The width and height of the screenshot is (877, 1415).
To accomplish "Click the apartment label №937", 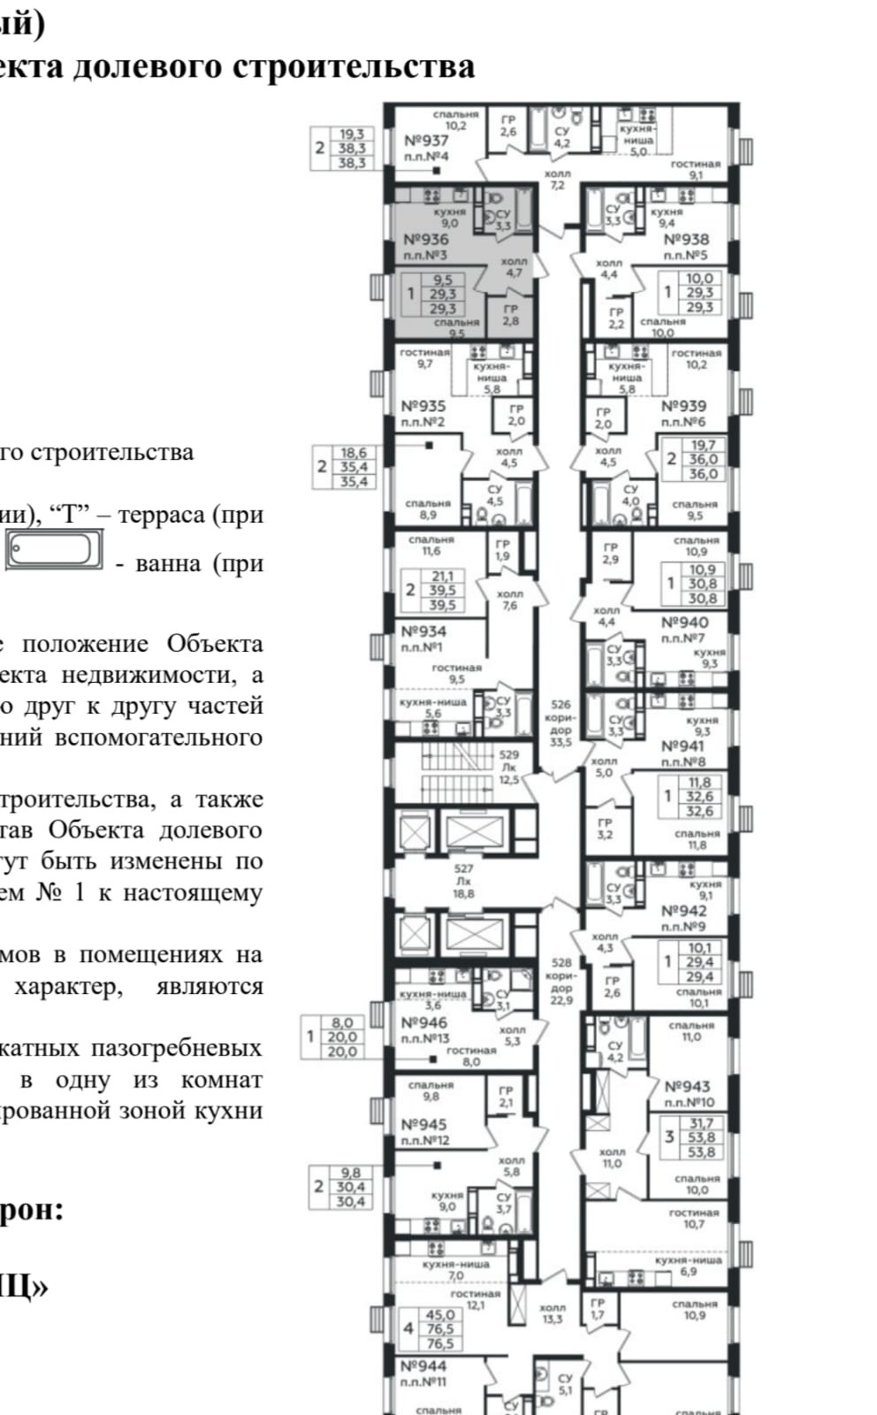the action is (x=426, y=141).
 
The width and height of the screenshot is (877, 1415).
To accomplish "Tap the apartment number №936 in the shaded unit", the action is (x=425, y=240).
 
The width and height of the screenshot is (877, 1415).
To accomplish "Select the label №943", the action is (x=687, y=1087).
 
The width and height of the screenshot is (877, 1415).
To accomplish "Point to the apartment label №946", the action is (x=424, y=1023).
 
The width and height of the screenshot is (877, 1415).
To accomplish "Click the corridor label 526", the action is (x=561, y=705).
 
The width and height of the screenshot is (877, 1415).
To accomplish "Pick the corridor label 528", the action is (x=561, y=962).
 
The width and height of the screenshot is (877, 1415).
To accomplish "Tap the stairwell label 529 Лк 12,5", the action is (x=508, y=767).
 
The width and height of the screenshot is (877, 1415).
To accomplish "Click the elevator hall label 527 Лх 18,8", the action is (x=463, y=881).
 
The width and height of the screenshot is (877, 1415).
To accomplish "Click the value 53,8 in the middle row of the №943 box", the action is (x=701, y=1138).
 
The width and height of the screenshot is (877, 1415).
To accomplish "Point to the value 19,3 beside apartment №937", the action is (x=351, y=135).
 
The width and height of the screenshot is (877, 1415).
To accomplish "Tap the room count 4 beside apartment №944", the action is (x=408, y=1328).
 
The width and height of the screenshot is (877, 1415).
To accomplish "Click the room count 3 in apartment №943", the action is (x=669, y=1136).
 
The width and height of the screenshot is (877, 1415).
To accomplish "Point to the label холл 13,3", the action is (x=553, y=1313).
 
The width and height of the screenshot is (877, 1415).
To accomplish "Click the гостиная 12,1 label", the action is (x=475, y=1298).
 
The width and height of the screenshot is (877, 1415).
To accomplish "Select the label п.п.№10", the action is (x=690, y=1103).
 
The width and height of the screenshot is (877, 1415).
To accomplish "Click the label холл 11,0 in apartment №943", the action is (x=612, y=1158).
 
